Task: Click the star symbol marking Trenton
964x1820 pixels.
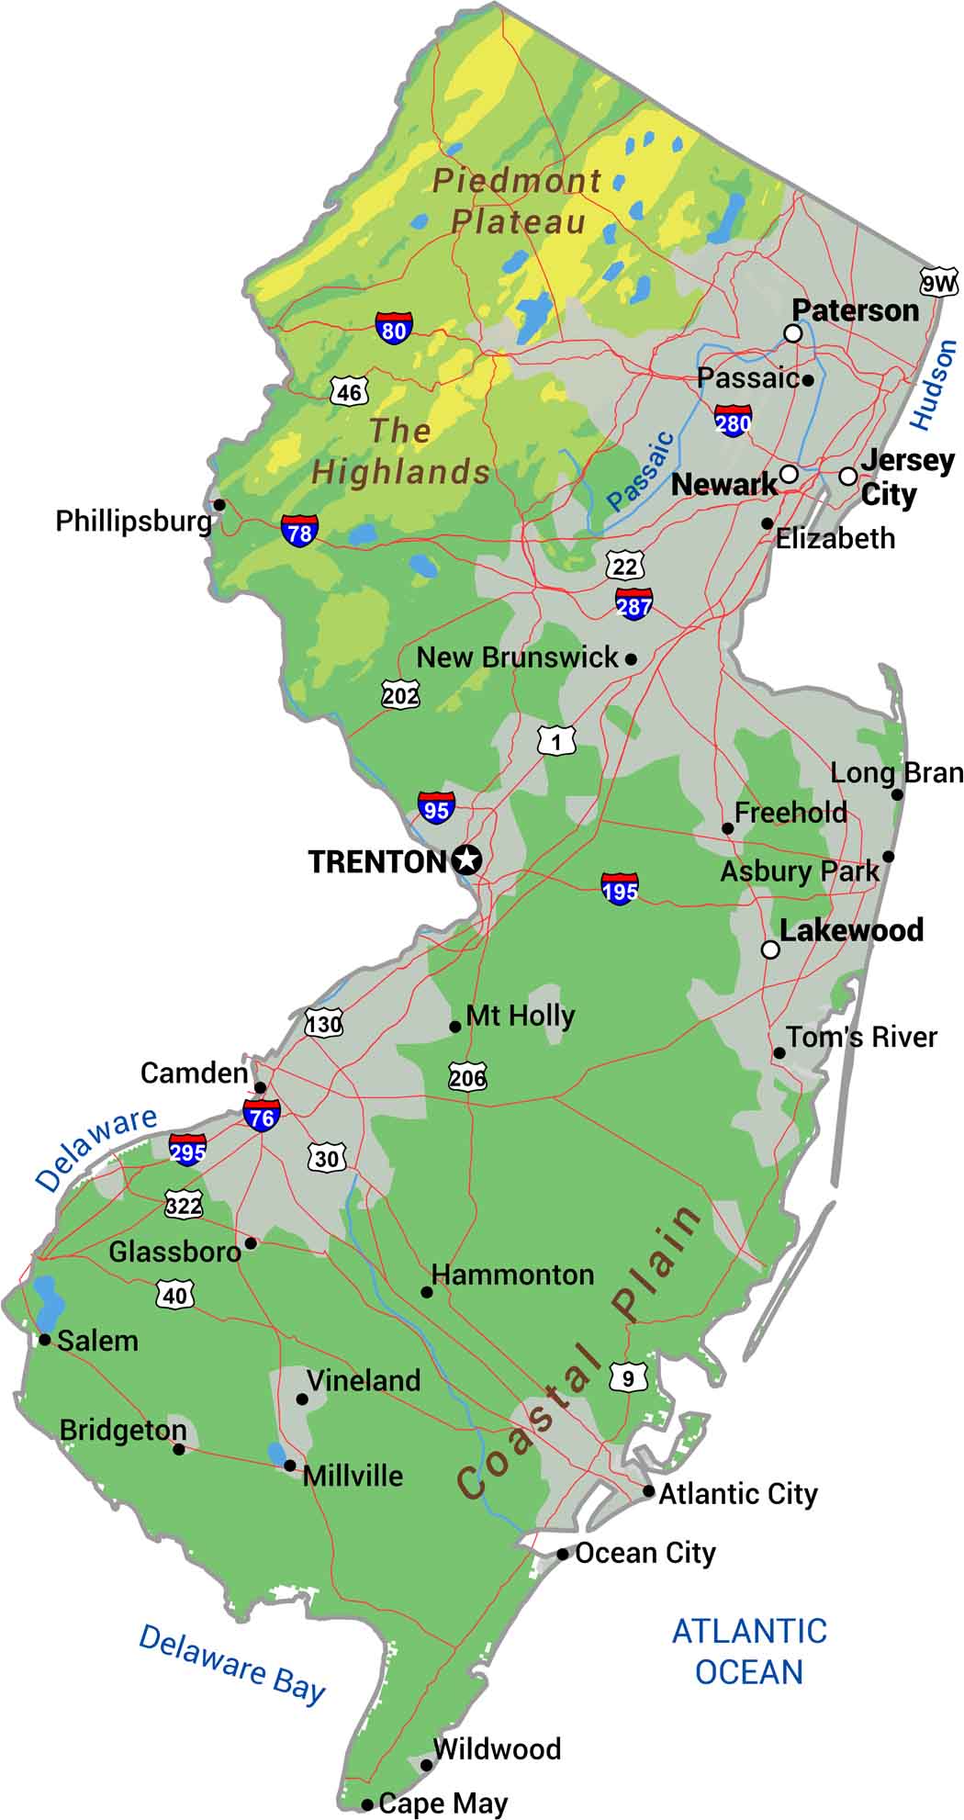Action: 467,860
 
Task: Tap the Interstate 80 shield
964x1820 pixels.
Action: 393,328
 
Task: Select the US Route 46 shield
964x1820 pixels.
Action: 349,392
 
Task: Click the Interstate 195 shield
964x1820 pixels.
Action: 621,888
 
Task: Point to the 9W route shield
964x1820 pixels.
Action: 938,284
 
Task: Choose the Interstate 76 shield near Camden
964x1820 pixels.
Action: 262,1116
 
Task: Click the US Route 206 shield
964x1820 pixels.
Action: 467,1076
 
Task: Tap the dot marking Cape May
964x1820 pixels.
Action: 367,1804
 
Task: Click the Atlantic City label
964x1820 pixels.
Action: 737,1494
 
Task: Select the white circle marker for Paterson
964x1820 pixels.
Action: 792,333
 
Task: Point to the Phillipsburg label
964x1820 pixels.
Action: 134,522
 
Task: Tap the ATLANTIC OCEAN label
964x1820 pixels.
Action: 749,1651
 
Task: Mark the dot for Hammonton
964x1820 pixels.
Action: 427,1292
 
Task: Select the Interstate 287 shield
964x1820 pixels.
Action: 634,603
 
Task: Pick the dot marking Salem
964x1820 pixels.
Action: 44,1340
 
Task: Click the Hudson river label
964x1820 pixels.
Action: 934,384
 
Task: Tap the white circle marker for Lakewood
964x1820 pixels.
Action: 771,949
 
